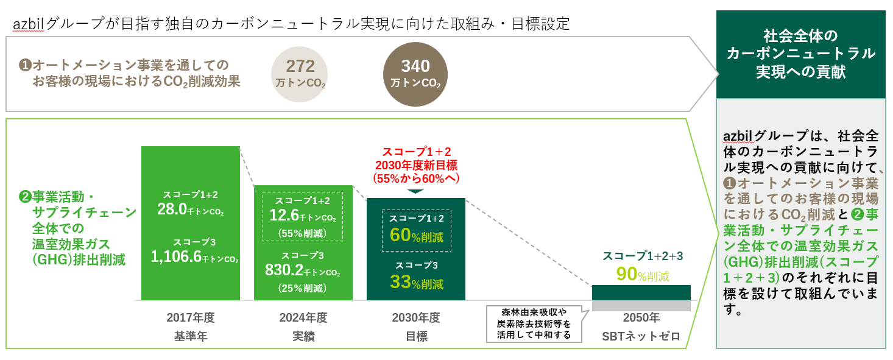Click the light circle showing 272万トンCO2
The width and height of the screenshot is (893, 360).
[x=299, y=73]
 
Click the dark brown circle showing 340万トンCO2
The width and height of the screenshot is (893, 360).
[x=415, y=73]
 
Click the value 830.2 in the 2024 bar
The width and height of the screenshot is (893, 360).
[x=284, y=270]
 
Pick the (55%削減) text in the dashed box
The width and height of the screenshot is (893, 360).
[x=303, y=233]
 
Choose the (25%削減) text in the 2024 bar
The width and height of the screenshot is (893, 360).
[x=303, y=288]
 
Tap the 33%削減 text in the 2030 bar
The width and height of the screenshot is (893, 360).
[x=416, y=283]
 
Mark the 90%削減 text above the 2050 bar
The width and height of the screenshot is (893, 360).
[x=642, y=275]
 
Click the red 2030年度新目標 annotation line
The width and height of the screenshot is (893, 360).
[x=415, y=164]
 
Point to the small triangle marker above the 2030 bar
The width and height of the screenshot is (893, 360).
[x=415, y=191]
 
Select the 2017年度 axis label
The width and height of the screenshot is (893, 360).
[x=191, y=318]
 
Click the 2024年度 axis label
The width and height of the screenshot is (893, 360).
[x=303, y=318]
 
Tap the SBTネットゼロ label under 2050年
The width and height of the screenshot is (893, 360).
[x=641, y=336]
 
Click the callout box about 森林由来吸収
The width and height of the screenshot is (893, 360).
[x=533, y=323]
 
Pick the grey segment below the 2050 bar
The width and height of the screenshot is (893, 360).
[x=641, y=306]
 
